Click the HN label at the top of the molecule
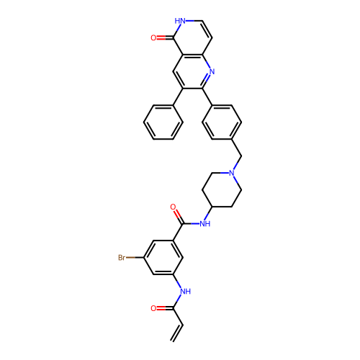(180, 21)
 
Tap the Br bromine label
(122, 258)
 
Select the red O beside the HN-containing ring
(153, 38)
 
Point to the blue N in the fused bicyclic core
(212, 71)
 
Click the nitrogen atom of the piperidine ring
(231, 173)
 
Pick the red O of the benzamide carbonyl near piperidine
(173, 207)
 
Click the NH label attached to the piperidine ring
(205, 224)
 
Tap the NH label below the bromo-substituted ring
(185, 292)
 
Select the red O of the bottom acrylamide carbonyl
(153, 308)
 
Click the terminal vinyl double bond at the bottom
(177, 333)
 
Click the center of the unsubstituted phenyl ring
(163, 122)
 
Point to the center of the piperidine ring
(222, 190)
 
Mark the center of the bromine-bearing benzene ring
(163, 257)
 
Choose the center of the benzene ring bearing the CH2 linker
(222, 122)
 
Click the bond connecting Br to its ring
(135, 258)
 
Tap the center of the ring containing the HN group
(192, 38)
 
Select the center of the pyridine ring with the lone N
(192, 71)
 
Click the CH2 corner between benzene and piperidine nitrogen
(241, 156)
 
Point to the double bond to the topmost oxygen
(165, 38)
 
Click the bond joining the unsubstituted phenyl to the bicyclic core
(178, 97)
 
